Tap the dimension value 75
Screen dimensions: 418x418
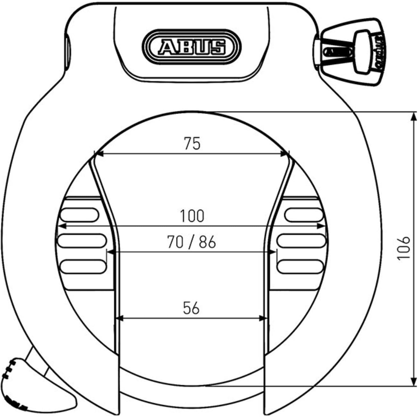pyautogui.click(x=192, y=143)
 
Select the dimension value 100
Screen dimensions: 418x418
pyautogui.click(x=192, y=216)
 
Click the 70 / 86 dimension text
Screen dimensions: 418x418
pyautogui.click(x=191, y=242)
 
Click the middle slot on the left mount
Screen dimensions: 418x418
pyautogui.click(x=82, y=241)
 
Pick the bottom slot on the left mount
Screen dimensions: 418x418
pyautogui.click(x=83, y=267)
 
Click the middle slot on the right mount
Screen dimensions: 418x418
pyautogui.click(x=301, y=241)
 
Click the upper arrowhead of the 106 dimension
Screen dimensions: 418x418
pyautogui.click(x=414, y=117)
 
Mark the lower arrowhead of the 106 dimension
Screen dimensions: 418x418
pyautogui.click(x=414, y=381)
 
